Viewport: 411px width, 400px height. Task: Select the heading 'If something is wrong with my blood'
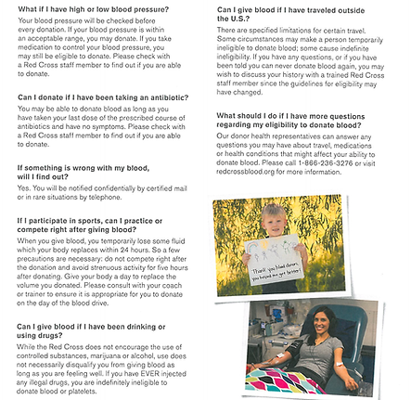tap(83, 168)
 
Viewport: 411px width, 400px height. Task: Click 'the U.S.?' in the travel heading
tap(233, 19)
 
